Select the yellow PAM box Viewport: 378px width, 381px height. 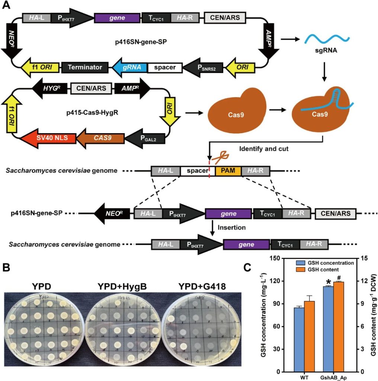tap(228, 171)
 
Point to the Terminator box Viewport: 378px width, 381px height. tap(85, 67)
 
